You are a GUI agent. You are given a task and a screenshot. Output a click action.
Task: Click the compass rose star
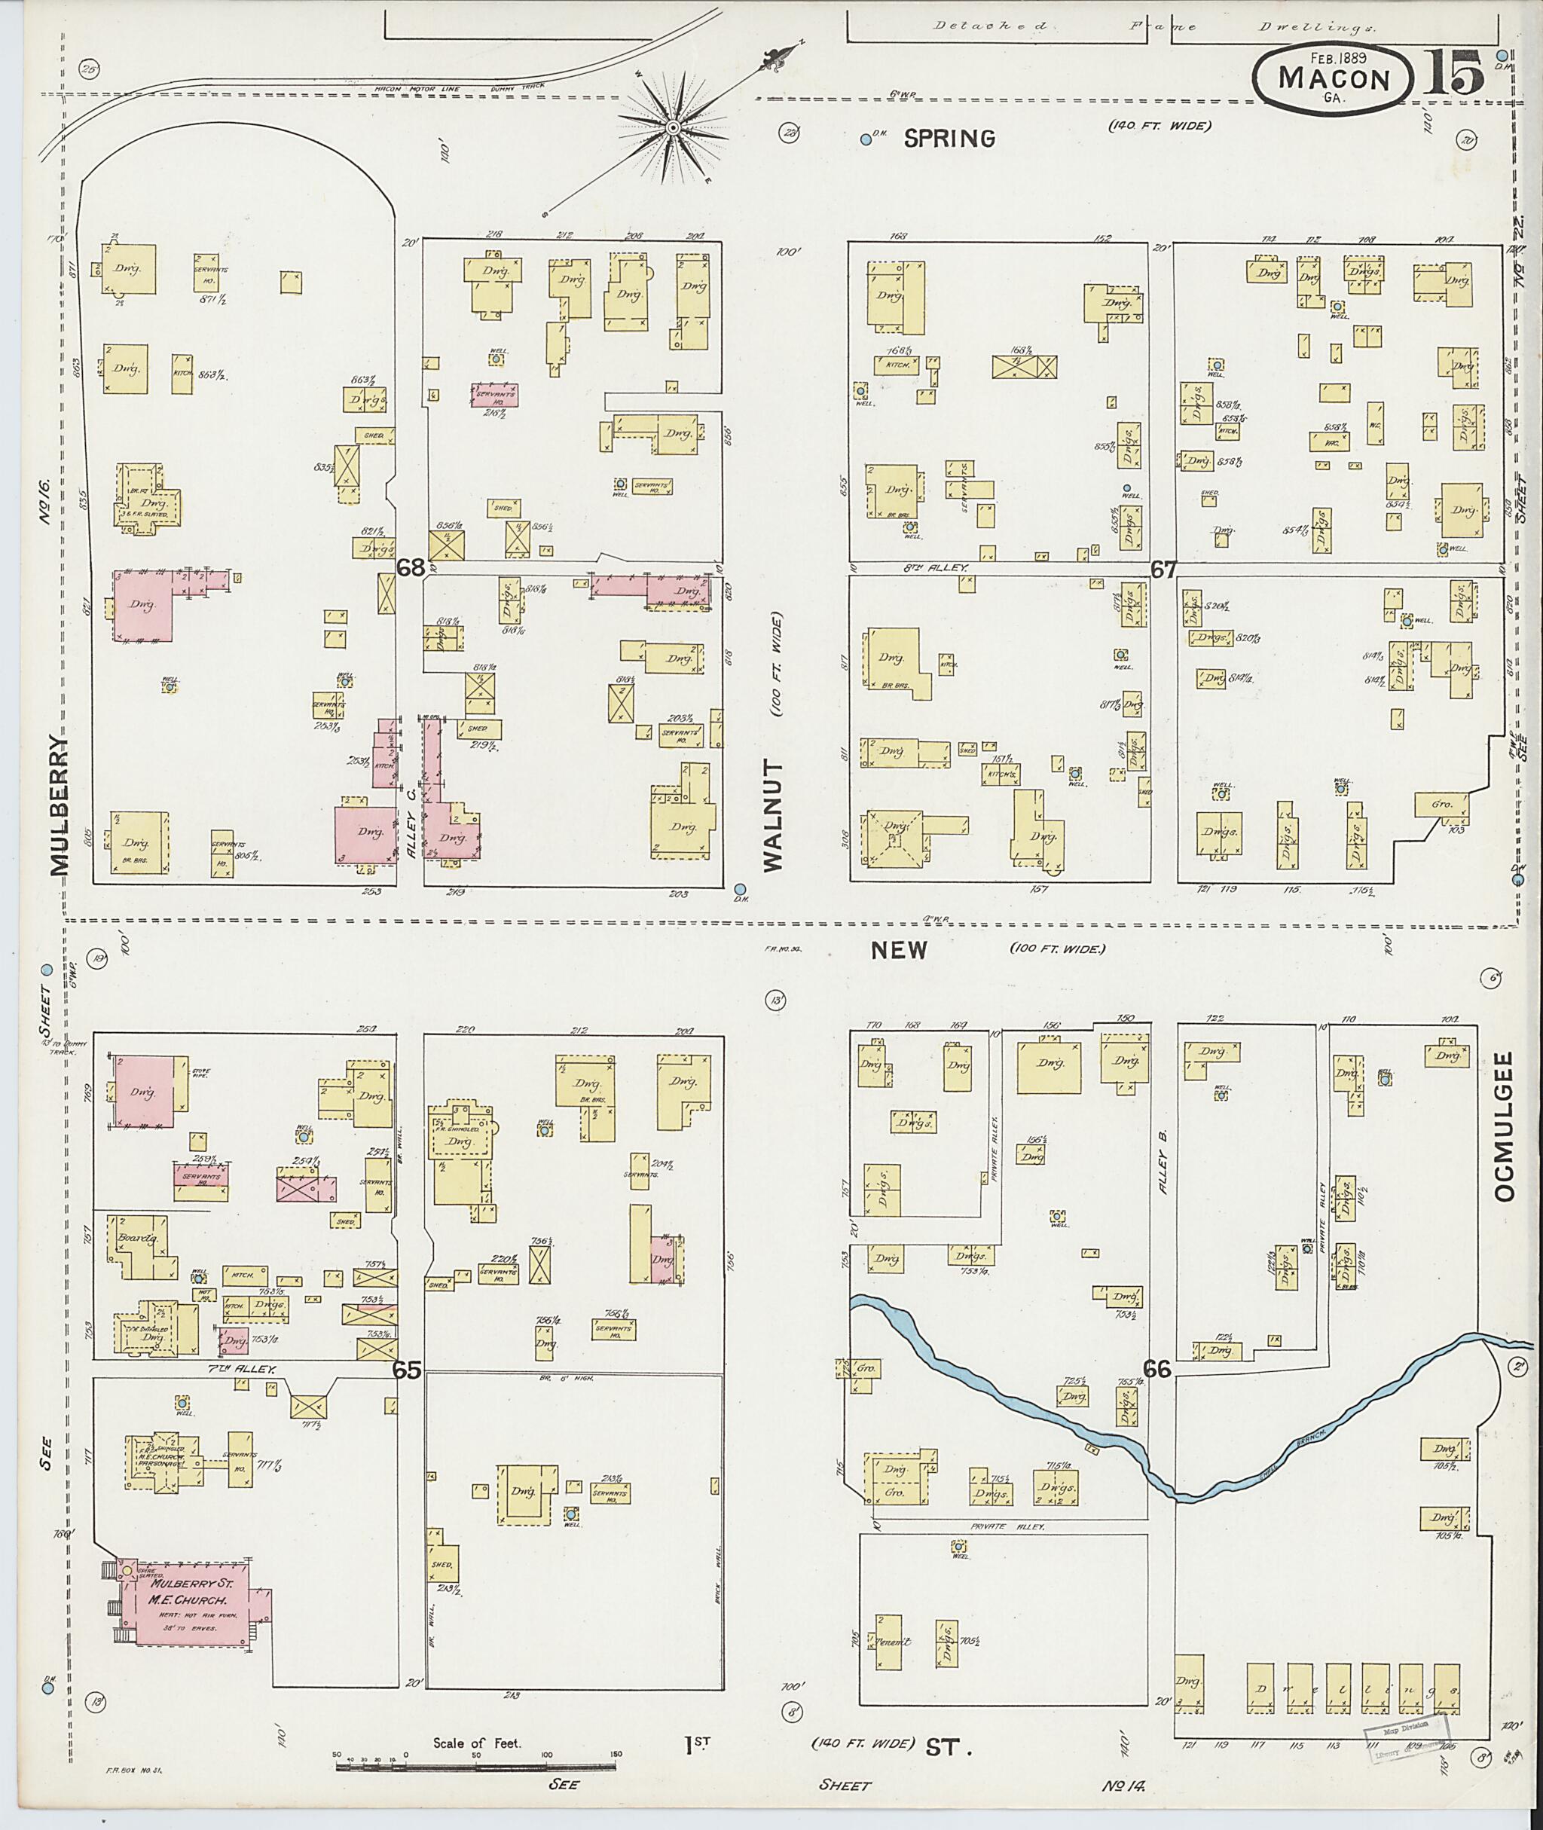tap(674, 130)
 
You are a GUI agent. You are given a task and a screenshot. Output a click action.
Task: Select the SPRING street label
tap(949, 138)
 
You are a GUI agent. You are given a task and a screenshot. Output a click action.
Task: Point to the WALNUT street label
tap(773, 814)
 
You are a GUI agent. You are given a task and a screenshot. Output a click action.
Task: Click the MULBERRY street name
tap(58, 805)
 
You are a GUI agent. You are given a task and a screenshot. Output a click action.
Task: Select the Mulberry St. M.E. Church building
tap(184, 1601)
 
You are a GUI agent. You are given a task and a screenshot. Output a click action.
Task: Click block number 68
tap(411, 568)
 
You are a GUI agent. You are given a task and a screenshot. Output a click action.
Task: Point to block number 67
tap(1163, 570)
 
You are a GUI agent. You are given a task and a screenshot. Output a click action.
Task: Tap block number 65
tap(407, 1370)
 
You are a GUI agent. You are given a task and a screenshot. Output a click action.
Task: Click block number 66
tap(1157, 1369)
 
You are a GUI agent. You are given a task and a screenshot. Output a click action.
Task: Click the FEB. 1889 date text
tap(1332, 59)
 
